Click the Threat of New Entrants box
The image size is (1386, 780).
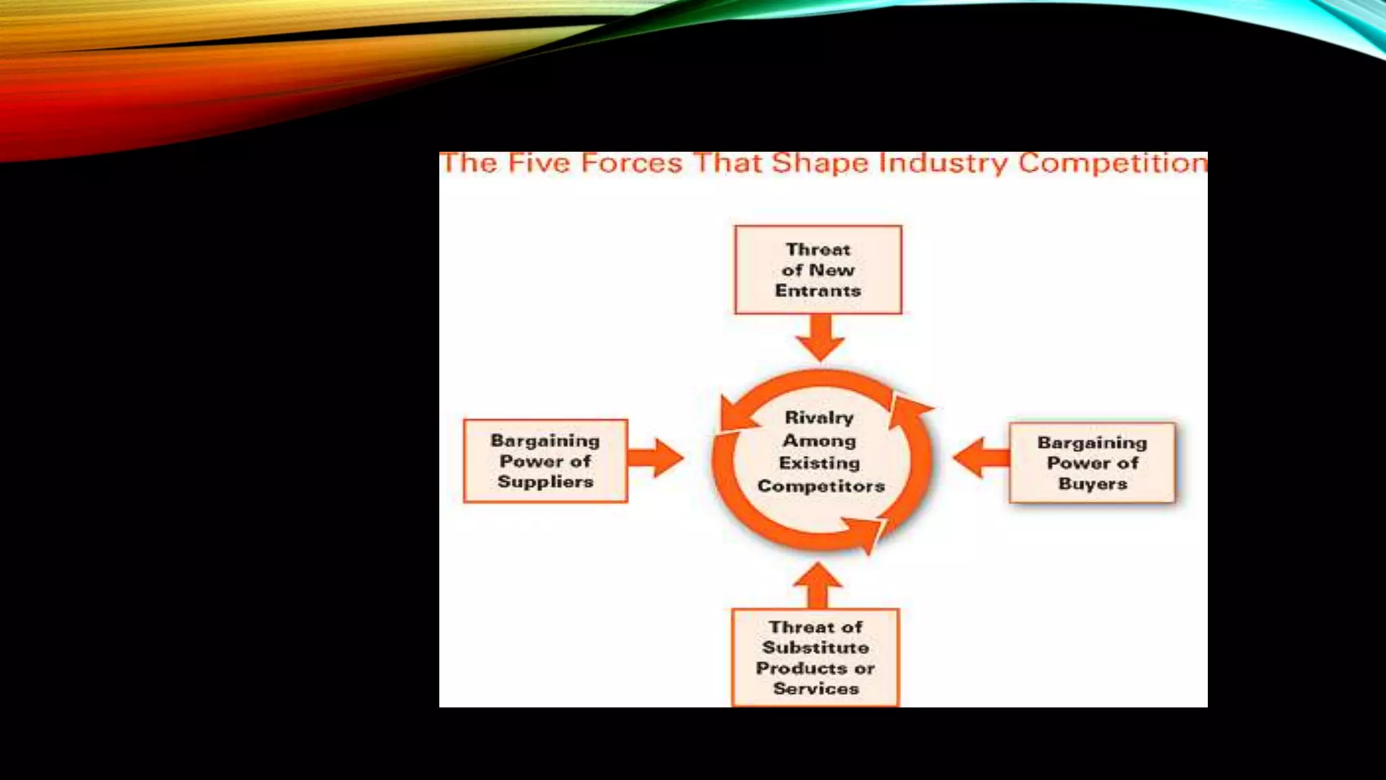click(818, 269)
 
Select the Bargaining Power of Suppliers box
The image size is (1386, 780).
click(545, 461)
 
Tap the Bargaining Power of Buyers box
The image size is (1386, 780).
click(1092, 463)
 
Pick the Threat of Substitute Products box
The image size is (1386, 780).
click(815, 657)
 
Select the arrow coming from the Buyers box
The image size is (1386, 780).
click(980, 458)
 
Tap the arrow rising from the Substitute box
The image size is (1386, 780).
click(818, 586)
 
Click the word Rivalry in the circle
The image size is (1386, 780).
click(819, 418)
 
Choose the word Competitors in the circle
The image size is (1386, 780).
click(821, 486)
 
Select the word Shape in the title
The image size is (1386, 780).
click(820, 164)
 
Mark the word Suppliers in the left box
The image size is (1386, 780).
click(545, 482)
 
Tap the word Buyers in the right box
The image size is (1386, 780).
click(1092, 484)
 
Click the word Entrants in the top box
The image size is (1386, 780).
click(818, 291)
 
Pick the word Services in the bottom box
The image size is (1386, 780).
click(815, 689)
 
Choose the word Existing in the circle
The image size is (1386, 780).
click(819, 463)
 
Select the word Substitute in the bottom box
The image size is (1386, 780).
click(815, 648)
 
